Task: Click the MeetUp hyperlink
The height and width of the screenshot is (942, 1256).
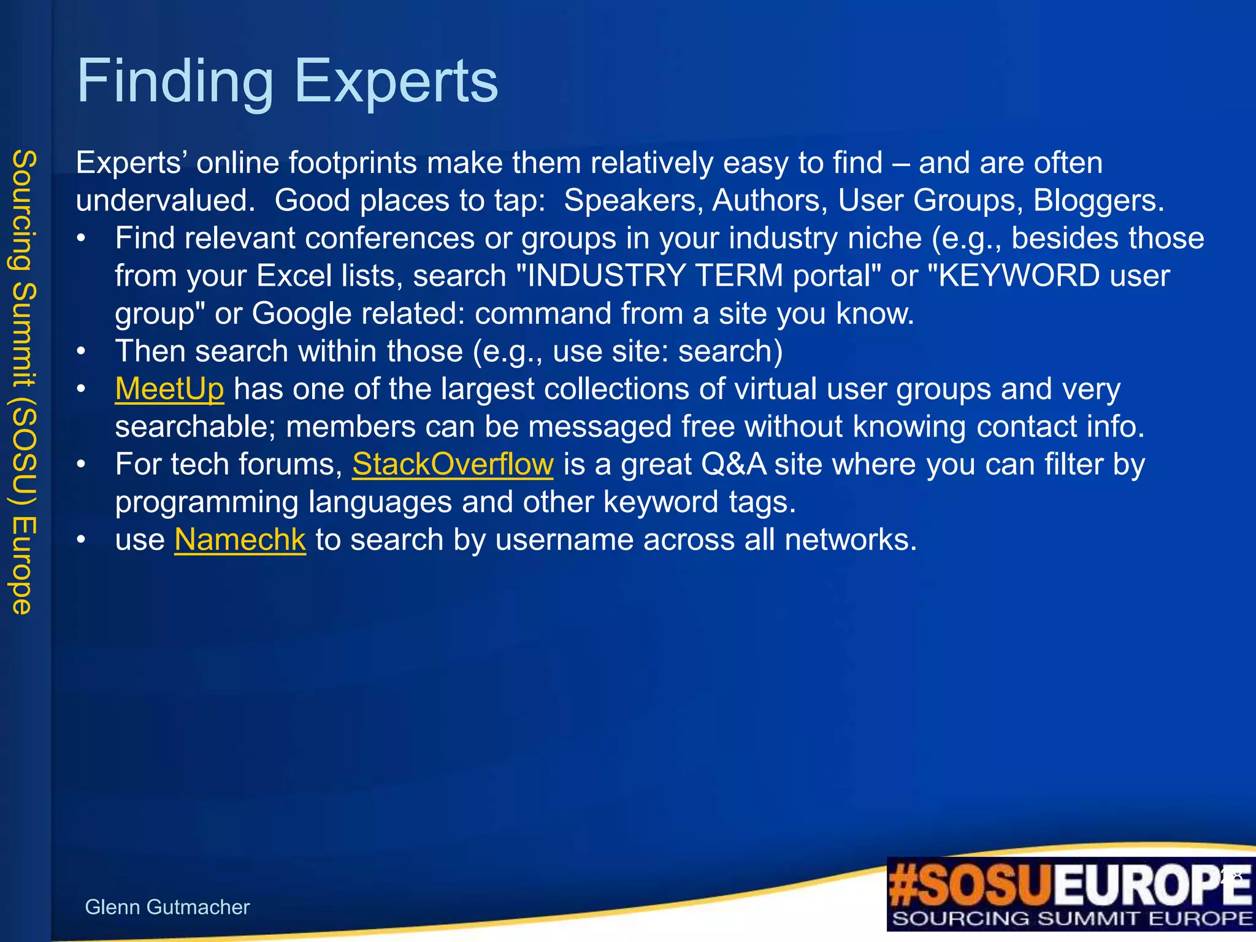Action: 169,389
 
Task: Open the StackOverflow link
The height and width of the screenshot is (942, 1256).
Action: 453,464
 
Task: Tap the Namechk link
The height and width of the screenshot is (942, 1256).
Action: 240,540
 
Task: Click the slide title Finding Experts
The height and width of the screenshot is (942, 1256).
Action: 287,81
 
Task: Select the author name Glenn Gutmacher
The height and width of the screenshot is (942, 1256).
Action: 167,907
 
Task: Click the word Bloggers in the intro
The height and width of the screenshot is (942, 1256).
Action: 1098,201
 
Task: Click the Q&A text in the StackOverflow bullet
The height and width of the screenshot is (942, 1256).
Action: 733,464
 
